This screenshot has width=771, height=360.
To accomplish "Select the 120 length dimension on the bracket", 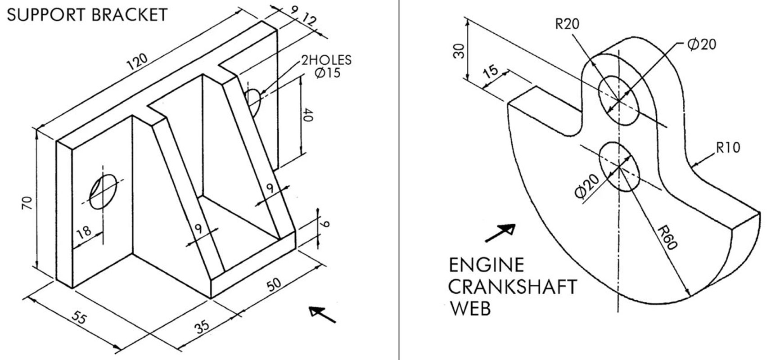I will coord(137,61).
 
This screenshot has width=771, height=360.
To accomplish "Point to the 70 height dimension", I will coord(27,203).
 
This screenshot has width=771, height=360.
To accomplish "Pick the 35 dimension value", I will coord(202,325).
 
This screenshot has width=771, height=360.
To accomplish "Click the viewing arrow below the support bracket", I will coord(323,314).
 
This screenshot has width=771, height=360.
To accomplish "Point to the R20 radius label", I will coord(567,23).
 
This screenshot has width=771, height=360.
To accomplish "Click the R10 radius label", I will coord(728,148).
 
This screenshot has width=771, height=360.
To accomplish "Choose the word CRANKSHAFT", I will coord(513,287).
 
